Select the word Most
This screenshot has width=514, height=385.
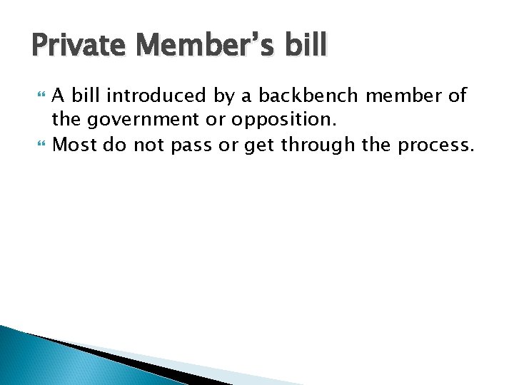76,145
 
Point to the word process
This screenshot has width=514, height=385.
435,146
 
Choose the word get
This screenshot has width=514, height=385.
260,146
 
